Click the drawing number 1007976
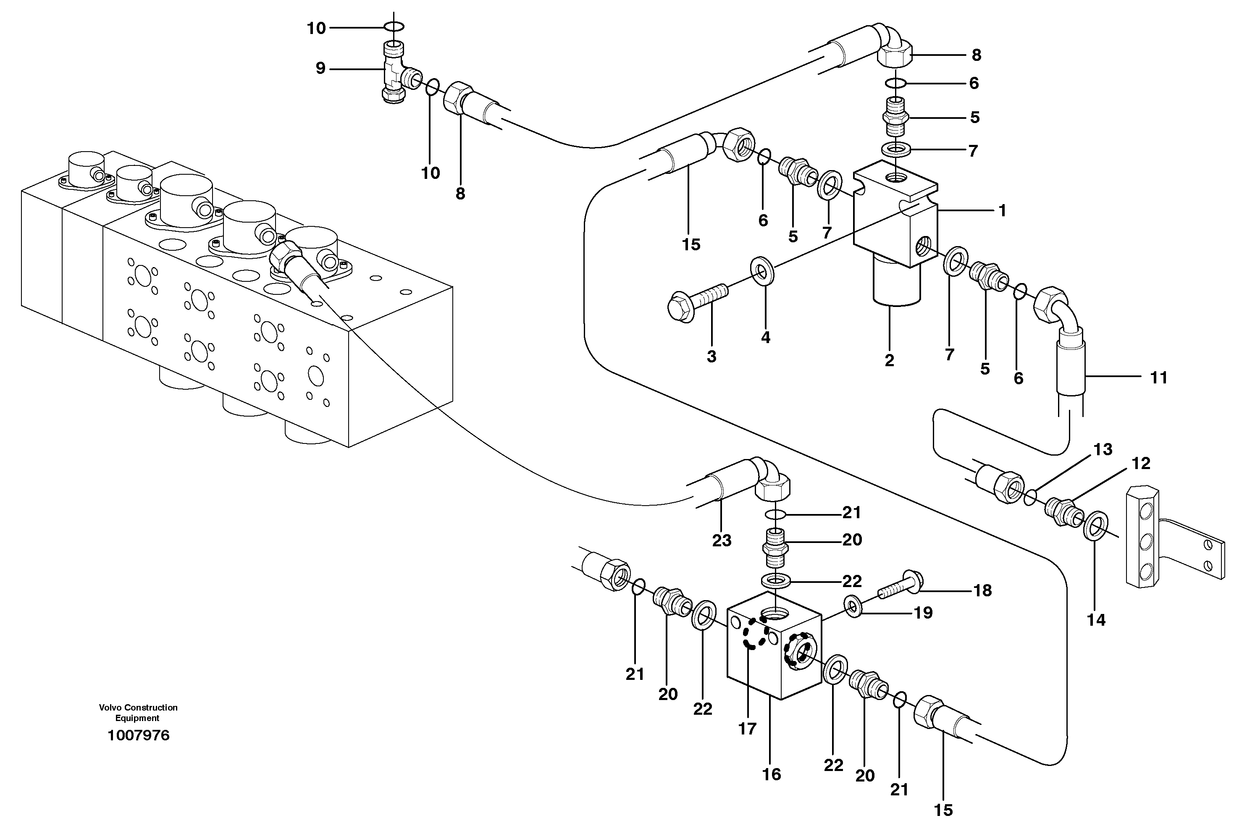click(x=138, y=735)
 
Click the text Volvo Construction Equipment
click(x=138, y=713)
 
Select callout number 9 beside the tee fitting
click(x=320, y=68)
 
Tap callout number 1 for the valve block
click(x=1002, y=211)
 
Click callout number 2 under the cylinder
click(x=890, y=360)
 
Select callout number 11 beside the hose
click(x=1158, y=378)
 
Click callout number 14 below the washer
click(x=1096, y=619)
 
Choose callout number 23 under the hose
click(x=722, y=540)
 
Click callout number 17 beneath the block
click(x=747, y=729)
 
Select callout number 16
click(x=772, y=774)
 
